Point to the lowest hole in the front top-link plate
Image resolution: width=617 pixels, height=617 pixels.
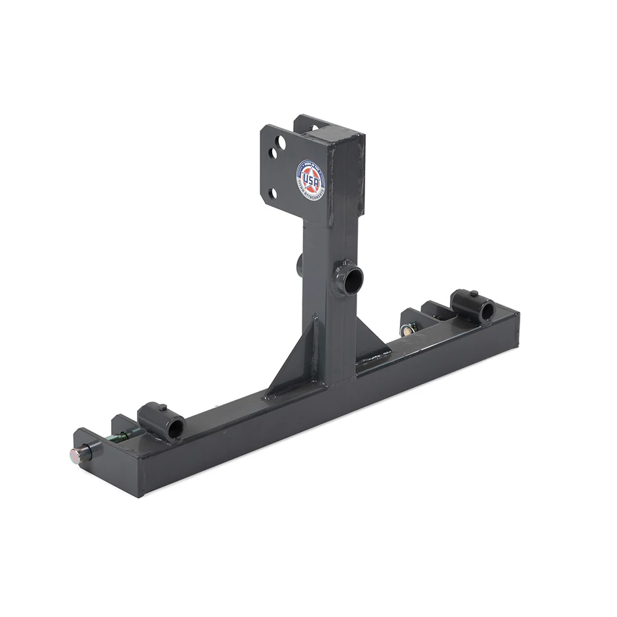click(272, 196)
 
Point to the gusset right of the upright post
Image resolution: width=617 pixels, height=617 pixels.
click(372, 341)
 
